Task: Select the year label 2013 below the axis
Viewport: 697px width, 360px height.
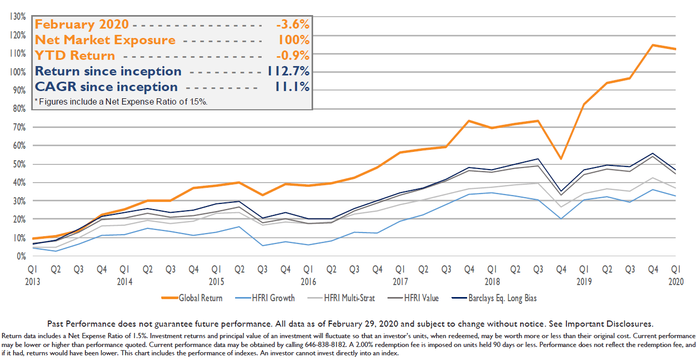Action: point(33,281)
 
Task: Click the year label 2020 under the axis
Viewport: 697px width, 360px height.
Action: point(675,281)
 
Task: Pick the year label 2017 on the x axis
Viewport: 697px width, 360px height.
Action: point(400,281)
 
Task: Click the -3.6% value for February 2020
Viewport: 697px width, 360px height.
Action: point(293,24)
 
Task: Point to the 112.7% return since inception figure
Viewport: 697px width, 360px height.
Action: point(288,71)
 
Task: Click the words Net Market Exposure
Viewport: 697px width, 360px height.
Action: point(105,40)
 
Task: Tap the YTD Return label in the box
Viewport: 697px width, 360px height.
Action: point(75,56)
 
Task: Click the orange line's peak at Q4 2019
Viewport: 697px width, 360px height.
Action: point(652,45)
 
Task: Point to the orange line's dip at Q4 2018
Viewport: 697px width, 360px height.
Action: point(560,159)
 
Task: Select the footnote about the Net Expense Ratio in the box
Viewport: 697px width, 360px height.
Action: point(121,101)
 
